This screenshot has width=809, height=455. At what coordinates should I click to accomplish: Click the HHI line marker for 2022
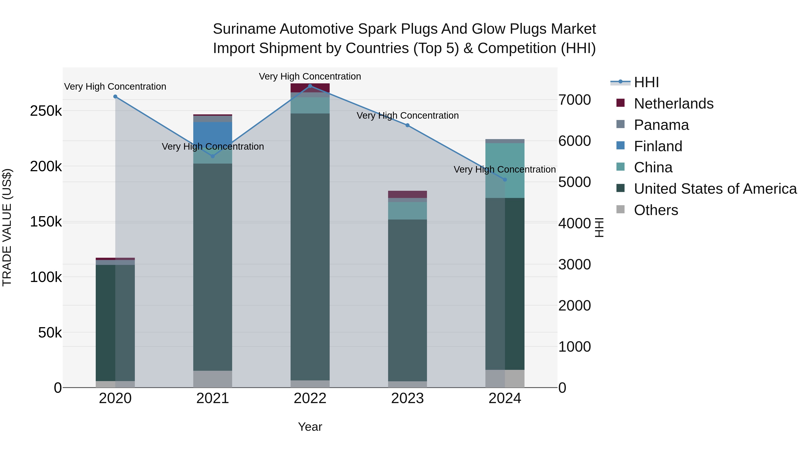[310, 86]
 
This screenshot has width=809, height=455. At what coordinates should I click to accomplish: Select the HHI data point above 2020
[115, 97]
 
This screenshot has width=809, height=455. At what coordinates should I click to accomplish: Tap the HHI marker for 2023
[407, 125]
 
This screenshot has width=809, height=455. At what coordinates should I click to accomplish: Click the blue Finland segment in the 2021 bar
[213, 132]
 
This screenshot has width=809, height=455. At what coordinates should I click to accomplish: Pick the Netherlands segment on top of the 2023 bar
[407, 194]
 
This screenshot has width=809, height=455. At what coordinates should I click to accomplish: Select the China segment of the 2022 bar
[310, 106]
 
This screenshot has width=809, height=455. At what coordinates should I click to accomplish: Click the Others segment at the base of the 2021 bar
[213, 379]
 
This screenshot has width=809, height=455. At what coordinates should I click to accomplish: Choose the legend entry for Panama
[661, 125]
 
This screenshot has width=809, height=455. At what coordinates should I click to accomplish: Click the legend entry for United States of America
[715, 189]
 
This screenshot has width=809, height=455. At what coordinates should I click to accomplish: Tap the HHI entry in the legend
[646, 82]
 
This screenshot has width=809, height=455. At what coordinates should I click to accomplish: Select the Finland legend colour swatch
[620, 146]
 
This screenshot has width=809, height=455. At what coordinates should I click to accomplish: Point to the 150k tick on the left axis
[46, 222]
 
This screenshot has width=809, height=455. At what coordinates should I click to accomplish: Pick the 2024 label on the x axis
[505, 398]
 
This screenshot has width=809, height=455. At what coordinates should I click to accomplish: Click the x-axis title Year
[310, 427]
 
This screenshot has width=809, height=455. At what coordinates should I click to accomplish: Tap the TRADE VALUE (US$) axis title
[7, 227]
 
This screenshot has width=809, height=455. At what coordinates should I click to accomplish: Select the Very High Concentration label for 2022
[310, 76]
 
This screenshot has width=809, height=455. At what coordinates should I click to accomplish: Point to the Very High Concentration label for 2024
[505, 170]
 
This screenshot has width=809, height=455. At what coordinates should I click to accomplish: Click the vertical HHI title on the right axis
[599, 227]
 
